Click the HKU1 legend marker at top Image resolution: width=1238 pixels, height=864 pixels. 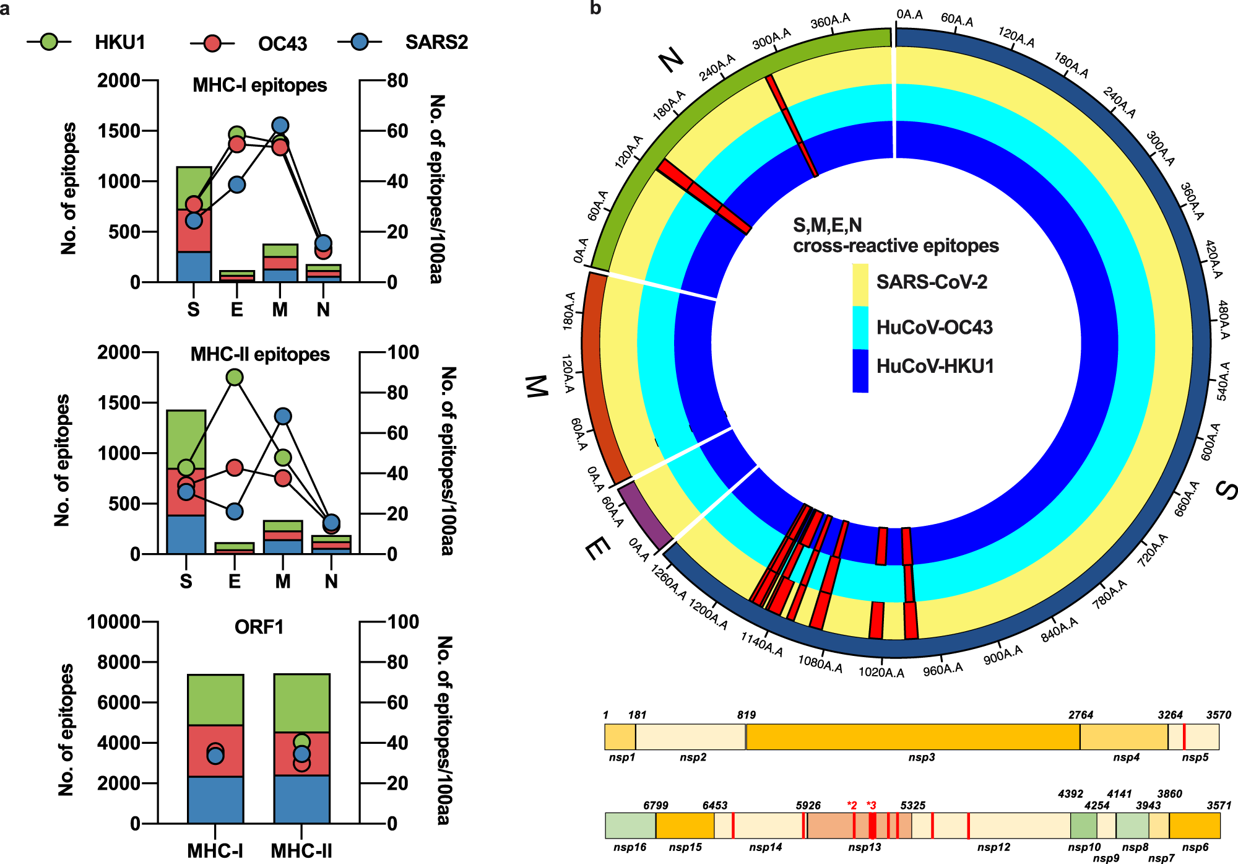click(x=49, y=42)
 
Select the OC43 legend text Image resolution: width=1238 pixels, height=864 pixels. click(x=282, y=43)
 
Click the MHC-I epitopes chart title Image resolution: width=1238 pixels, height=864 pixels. click(x=259, y=85)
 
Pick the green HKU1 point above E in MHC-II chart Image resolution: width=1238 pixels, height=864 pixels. click(x=235, y=377)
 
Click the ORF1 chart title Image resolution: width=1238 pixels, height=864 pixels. click(x=259, y=627)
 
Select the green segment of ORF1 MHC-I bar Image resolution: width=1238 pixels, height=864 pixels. click(x=215, y=700)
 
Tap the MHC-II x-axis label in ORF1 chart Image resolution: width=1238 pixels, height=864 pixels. click(x=301, y=850)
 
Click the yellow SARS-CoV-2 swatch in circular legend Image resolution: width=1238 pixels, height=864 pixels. click(x=860, y=285)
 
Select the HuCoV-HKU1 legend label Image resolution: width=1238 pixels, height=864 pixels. click(x=935, y=366)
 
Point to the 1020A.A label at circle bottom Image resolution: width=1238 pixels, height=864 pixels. click(x=881, y=673)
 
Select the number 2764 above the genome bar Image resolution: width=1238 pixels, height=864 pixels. click(x=1080, y=715)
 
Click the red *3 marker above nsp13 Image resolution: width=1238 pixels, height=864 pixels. click(x=871, y=805)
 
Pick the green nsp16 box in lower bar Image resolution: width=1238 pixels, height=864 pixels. click(x=630, y=826)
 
